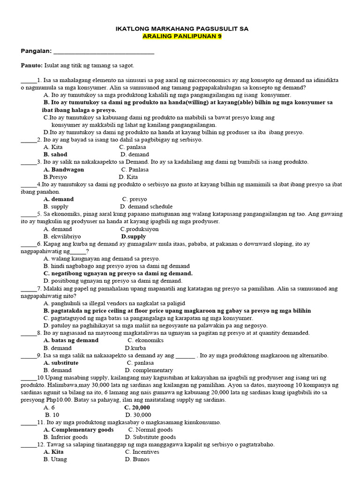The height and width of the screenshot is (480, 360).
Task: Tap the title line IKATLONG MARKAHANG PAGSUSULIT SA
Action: point(182,29)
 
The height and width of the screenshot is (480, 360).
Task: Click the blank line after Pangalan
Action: point(104,51)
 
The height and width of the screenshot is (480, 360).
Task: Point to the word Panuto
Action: point(31,66)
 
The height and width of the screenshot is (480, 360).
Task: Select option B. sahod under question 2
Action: point(55,154)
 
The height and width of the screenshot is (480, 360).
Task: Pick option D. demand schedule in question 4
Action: point(146,206)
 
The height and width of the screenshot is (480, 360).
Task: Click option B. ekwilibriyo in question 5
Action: point(63,237)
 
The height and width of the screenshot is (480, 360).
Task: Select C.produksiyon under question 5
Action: point(139,229)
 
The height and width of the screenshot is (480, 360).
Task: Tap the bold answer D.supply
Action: point(134,237)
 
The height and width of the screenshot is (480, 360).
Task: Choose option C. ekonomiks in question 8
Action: point(145,340)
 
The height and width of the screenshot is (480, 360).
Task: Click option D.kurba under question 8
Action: point(137,348)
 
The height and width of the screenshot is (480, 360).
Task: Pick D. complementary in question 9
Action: point(149,370)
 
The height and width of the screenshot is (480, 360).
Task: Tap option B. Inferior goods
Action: point(66,437)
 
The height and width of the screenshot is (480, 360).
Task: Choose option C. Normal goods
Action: point(150,429)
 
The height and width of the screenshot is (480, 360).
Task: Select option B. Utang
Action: point(55,459)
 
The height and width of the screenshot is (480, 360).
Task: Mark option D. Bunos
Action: point(137,459)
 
